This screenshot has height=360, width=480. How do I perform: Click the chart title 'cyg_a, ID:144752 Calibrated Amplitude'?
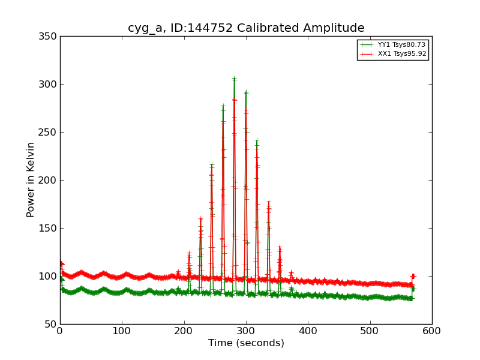(246, 28)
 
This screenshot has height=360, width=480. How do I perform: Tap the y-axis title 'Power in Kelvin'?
(31, 179)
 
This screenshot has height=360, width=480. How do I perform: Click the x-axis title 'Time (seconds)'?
(246, 343)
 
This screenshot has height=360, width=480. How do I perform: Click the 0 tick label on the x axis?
(60, 331)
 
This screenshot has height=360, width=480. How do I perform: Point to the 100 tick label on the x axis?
(122, 331)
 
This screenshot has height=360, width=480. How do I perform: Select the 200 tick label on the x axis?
(184, 331)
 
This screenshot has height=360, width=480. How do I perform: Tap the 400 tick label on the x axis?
(308, 331)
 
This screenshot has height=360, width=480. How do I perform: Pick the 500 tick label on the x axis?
(370, 331)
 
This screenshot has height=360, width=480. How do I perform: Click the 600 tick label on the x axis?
(432, 331)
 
